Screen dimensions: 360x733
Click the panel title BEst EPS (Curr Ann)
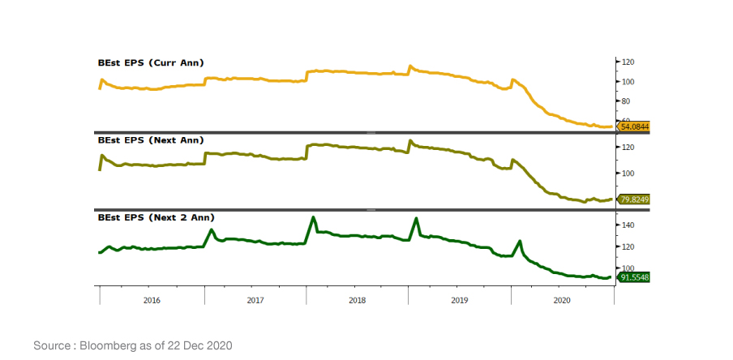[x=150, y=62]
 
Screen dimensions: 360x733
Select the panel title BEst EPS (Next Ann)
[x=150, y=140]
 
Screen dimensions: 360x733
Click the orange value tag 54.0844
[x=634, y=126]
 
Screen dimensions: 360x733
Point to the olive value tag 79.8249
[x=634, y=199]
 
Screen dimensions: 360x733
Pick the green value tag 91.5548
[x=634, y=277]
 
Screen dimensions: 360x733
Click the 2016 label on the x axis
[x=152, y=300]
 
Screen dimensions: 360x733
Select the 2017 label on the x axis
[x=255, y=300]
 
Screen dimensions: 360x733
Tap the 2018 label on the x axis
[x=357, y=300]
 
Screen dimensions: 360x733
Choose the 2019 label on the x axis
[x=459, y=300]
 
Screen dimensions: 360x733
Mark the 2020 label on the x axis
[x=561, y=300]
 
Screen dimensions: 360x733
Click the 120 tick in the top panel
[x=627, y=62]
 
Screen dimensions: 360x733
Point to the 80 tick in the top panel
[x=625, y=101]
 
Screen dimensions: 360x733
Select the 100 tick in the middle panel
[x=627, y=174]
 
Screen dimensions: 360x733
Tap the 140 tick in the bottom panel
[x=627, y=225]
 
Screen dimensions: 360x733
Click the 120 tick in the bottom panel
[x=627, y=246]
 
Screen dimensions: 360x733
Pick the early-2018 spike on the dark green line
[x=313, y=218]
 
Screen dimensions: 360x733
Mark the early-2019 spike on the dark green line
[x=416, y=219]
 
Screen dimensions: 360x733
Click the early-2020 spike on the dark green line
[x=519, y=241]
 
